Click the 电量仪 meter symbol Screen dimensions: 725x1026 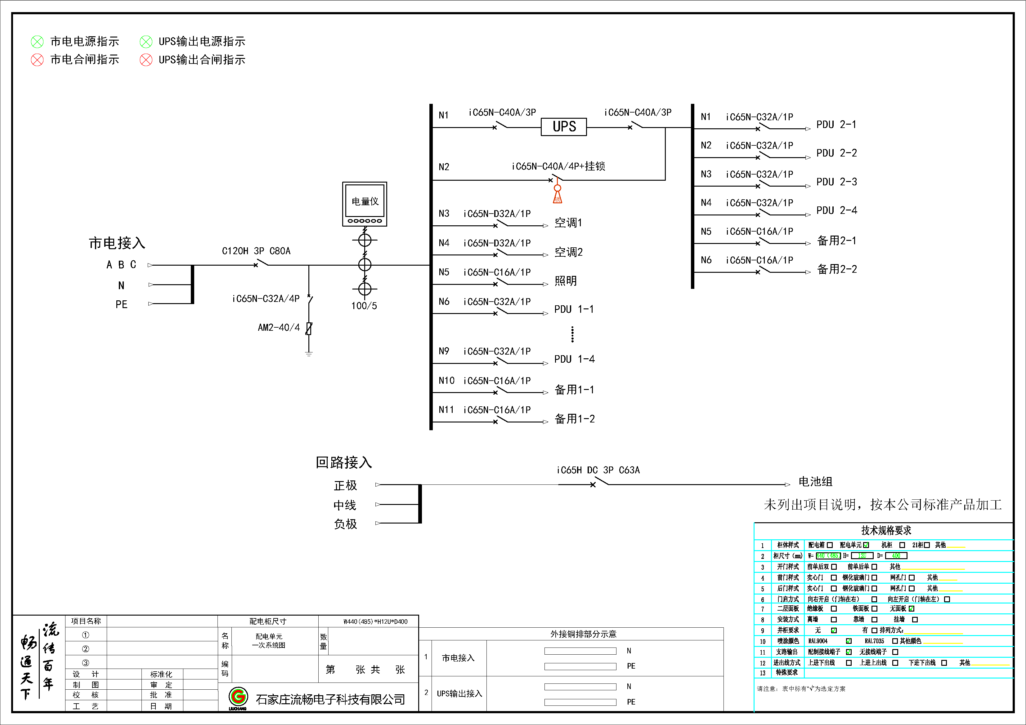coord(365,204)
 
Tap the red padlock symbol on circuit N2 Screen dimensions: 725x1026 coord(557,195)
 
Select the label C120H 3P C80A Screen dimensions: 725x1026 coord(256,251)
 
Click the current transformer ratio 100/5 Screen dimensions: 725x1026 coord(364,306)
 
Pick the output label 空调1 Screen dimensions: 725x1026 coord(568,223)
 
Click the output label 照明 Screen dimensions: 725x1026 coord(565,281)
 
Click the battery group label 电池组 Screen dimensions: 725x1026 coord(815,482)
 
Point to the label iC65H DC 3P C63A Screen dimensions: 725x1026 coord(598,470)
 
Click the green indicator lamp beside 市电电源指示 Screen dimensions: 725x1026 coord(37,42)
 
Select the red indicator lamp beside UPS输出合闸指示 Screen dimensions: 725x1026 coord(146,60)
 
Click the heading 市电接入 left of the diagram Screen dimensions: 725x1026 coord(117,243)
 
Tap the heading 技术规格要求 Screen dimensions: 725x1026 coord(886,530)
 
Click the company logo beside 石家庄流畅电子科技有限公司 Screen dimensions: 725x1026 coord(238,697)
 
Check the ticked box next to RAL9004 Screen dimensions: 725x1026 coord(849,641)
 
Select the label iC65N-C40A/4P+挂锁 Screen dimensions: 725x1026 coord(558,166)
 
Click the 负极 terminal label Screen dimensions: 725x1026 coord(345,524)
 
